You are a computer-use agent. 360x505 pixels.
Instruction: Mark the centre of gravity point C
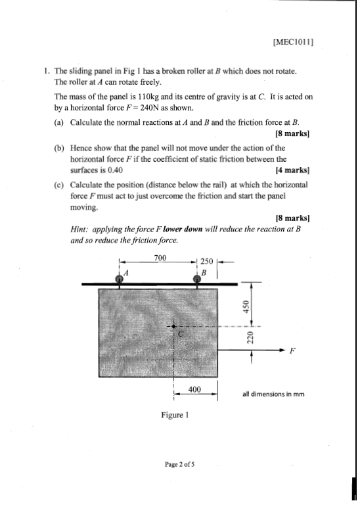[173, 327]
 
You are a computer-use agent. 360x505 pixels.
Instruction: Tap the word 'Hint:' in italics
[81, 230]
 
